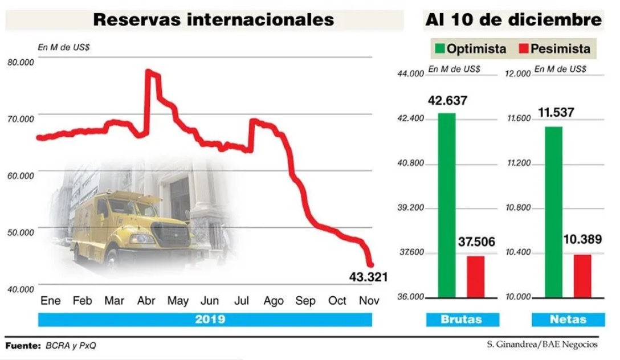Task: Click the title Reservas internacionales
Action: [213, 20]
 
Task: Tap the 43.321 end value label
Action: [368, 277]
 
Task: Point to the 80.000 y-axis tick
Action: [21, 62]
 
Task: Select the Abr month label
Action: [146, 301]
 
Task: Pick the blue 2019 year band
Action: [205, 320]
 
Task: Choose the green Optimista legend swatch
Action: [439, 49]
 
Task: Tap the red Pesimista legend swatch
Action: [524, 49]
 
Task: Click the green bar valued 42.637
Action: [447, 205]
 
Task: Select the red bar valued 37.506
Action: [475, 277]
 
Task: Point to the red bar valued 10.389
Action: [582, 276]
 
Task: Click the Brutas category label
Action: [462, 320]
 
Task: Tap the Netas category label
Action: [568, 320]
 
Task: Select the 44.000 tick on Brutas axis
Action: [410, 73]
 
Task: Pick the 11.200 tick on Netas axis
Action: [518, 163]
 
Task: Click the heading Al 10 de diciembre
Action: [513, 20]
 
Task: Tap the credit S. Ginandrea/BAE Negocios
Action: [542, 345]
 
